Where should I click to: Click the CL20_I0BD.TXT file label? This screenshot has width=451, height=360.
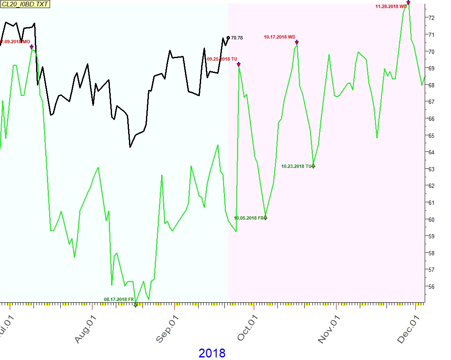25,5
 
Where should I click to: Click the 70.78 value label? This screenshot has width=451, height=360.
237,38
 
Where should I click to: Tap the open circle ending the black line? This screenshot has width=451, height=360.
228,38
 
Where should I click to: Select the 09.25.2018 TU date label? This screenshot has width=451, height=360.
222,59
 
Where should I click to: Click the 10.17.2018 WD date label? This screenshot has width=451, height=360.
279,37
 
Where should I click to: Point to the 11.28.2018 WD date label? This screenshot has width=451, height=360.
391,6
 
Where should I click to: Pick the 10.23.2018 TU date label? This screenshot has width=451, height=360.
296,167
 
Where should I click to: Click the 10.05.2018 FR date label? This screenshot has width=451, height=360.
249,218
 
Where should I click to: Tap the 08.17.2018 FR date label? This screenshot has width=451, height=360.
119,299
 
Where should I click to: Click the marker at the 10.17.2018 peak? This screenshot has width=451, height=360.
297,42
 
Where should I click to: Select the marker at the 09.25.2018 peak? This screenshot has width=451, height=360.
238,64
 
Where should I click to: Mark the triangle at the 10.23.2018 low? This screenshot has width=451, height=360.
314,166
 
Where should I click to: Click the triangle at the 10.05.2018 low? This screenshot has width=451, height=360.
266,218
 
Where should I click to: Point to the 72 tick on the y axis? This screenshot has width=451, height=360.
431,18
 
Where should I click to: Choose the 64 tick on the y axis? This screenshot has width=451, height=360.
431,152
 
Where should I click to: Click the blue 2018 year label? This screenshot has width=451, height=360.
212,353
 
